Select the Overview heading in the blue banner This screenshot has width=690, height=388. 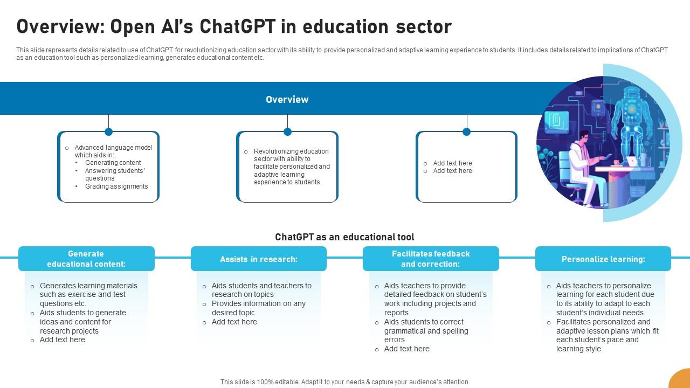point(287,100)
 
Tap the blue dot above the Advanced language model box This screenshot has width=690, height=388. point(108,131)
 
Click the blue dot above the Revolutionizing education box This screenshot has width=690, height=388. point(287,131)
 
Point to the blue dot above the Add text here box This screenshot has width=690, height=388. point(466,131)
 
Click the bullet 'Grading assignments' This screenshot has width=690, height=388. point(116,186)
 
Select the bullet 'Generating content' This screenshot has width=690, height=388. point(113,163)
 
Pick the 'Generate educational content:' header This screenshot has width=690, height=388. point(86,259)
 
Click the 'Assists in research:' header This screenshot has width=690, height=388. point(258,259)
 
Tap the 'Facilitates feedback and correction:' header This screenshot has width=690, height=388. point(430,259)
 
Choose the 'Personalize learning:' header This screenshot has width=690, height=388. point(603,259)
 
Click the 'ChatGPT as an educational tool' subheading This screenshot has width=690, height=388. point(344,237)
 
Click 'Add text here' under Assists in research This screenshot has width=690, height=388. point(234,322)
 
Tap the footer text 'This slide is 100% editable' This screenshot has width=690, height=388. point(344,382)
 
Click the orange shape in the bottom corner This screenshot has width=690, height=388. point(680,379)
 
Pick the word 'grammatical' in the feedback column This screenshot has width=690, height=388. point(404,331)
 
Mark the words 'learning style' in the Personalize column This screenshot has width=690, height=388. point(578,349)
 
